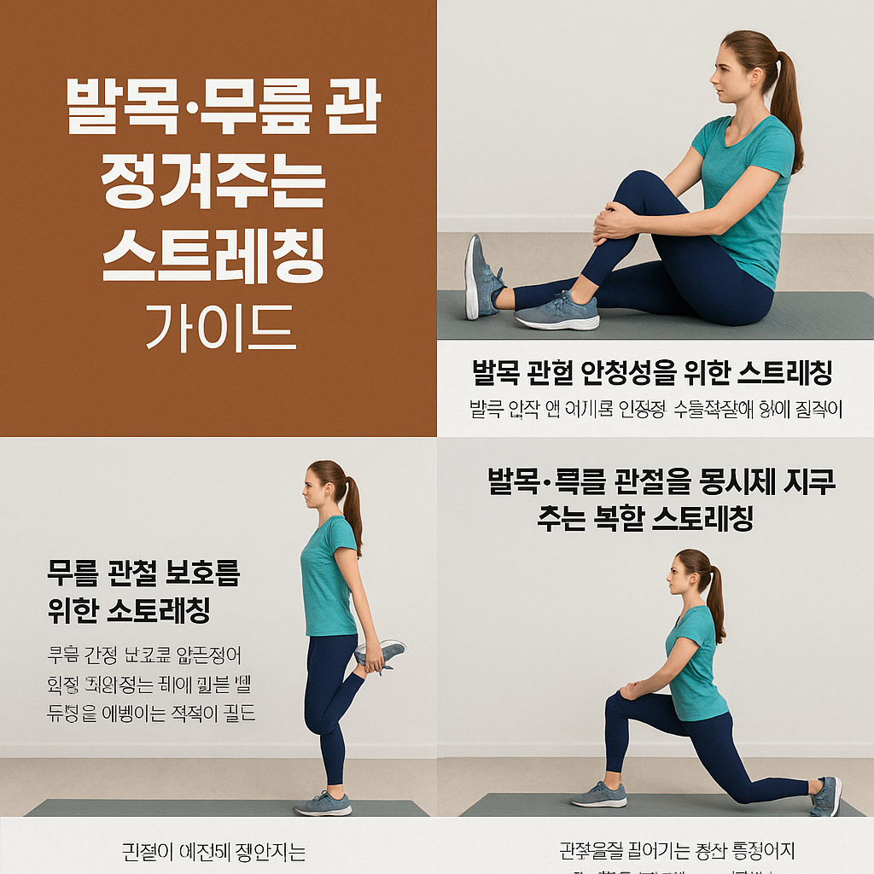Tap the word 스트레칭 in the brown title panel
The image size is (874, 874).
(213, 253)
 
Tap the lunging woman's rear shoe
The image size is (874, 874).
(826, 795)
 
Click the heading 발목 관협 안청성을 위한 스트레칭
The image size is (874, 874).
(651, 373)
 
